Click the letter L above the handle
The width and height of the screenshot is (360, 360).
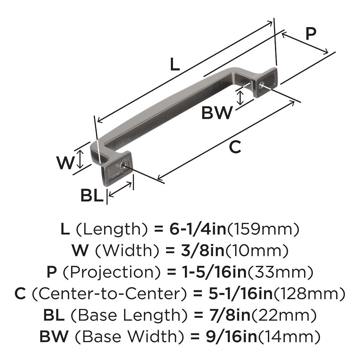click(175, 64)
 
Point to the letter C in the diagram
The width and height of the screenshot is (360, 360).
click(235, 147)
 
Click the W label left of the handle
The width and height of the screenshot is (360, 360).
click(66, 162)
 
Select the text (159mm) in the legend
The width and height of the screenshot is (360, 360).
click(264, 229)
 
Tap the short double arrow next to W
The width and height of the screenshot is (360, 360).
click(81, 158)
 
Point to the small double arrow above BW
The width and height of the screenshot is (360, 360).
click(240, 97)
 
